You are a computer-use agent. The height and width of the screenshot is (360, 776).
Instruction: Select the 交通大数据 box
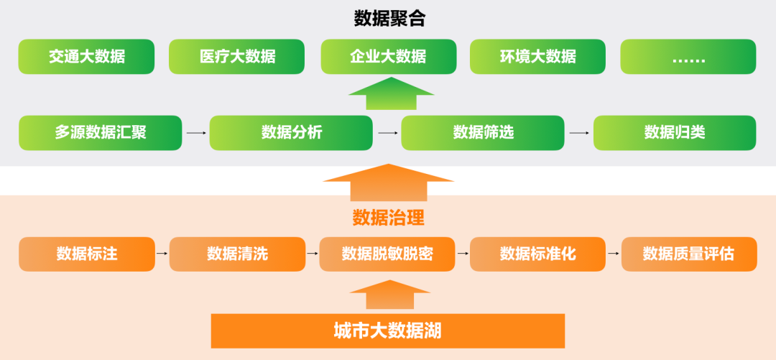[x=86, y=57]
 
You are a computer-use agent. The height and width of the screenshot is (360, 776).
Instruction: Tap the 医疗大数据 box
[x=237, y=57]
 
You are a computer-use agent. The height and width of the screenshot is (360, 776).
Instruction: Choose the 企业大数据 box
[x=387, y=57]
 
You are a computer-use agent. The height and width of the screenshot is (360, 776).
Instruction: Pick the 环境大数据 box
[x=537, y=57]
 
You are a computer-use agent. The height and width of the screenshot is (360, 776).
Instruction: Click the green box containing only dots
[x=688, y=57]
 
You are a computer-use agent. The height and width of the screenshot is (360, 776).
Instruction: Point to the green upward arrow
[x=391, y=95]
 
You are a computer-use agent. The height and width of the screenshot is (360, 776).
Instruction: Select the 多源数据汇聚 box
[x=100, y=133]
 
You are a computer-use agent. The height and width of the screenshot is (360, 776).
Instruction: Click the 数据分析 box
[x=291, y=133]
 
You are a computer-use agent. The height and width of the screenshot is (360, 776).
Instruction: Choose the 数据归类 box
[x=674, y=133]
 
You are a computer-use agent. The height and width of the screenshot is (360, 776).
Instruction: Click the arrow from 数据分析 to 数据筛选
[x=387, y=133]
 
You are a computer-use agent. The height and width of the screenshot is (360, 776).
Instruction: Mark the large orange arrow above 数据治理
[x=388, y=183]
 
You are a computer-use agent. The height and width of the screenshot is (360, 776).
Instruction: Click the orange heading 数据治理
[x=388, y=217]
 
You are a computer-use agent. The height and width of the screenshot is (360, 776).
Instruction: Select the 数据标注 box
[x=86, y=254]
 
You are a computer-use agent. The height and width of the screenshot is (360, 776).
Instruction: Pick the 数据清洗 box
[x=237, y=254]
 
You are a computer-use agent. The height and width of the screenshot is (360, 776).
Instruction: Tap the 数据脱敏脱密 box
[x=387, y=254]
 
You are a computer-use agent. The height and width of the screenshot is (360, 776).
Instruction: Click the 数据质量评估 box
[x=688, y=254]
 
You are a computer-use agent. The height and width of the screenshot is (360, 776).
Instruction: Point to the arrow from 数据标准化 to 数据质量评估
[x=613, y=254]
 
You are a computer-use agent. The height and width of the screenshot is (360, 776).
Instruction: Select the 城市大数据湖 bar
[x=388, y=331]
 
